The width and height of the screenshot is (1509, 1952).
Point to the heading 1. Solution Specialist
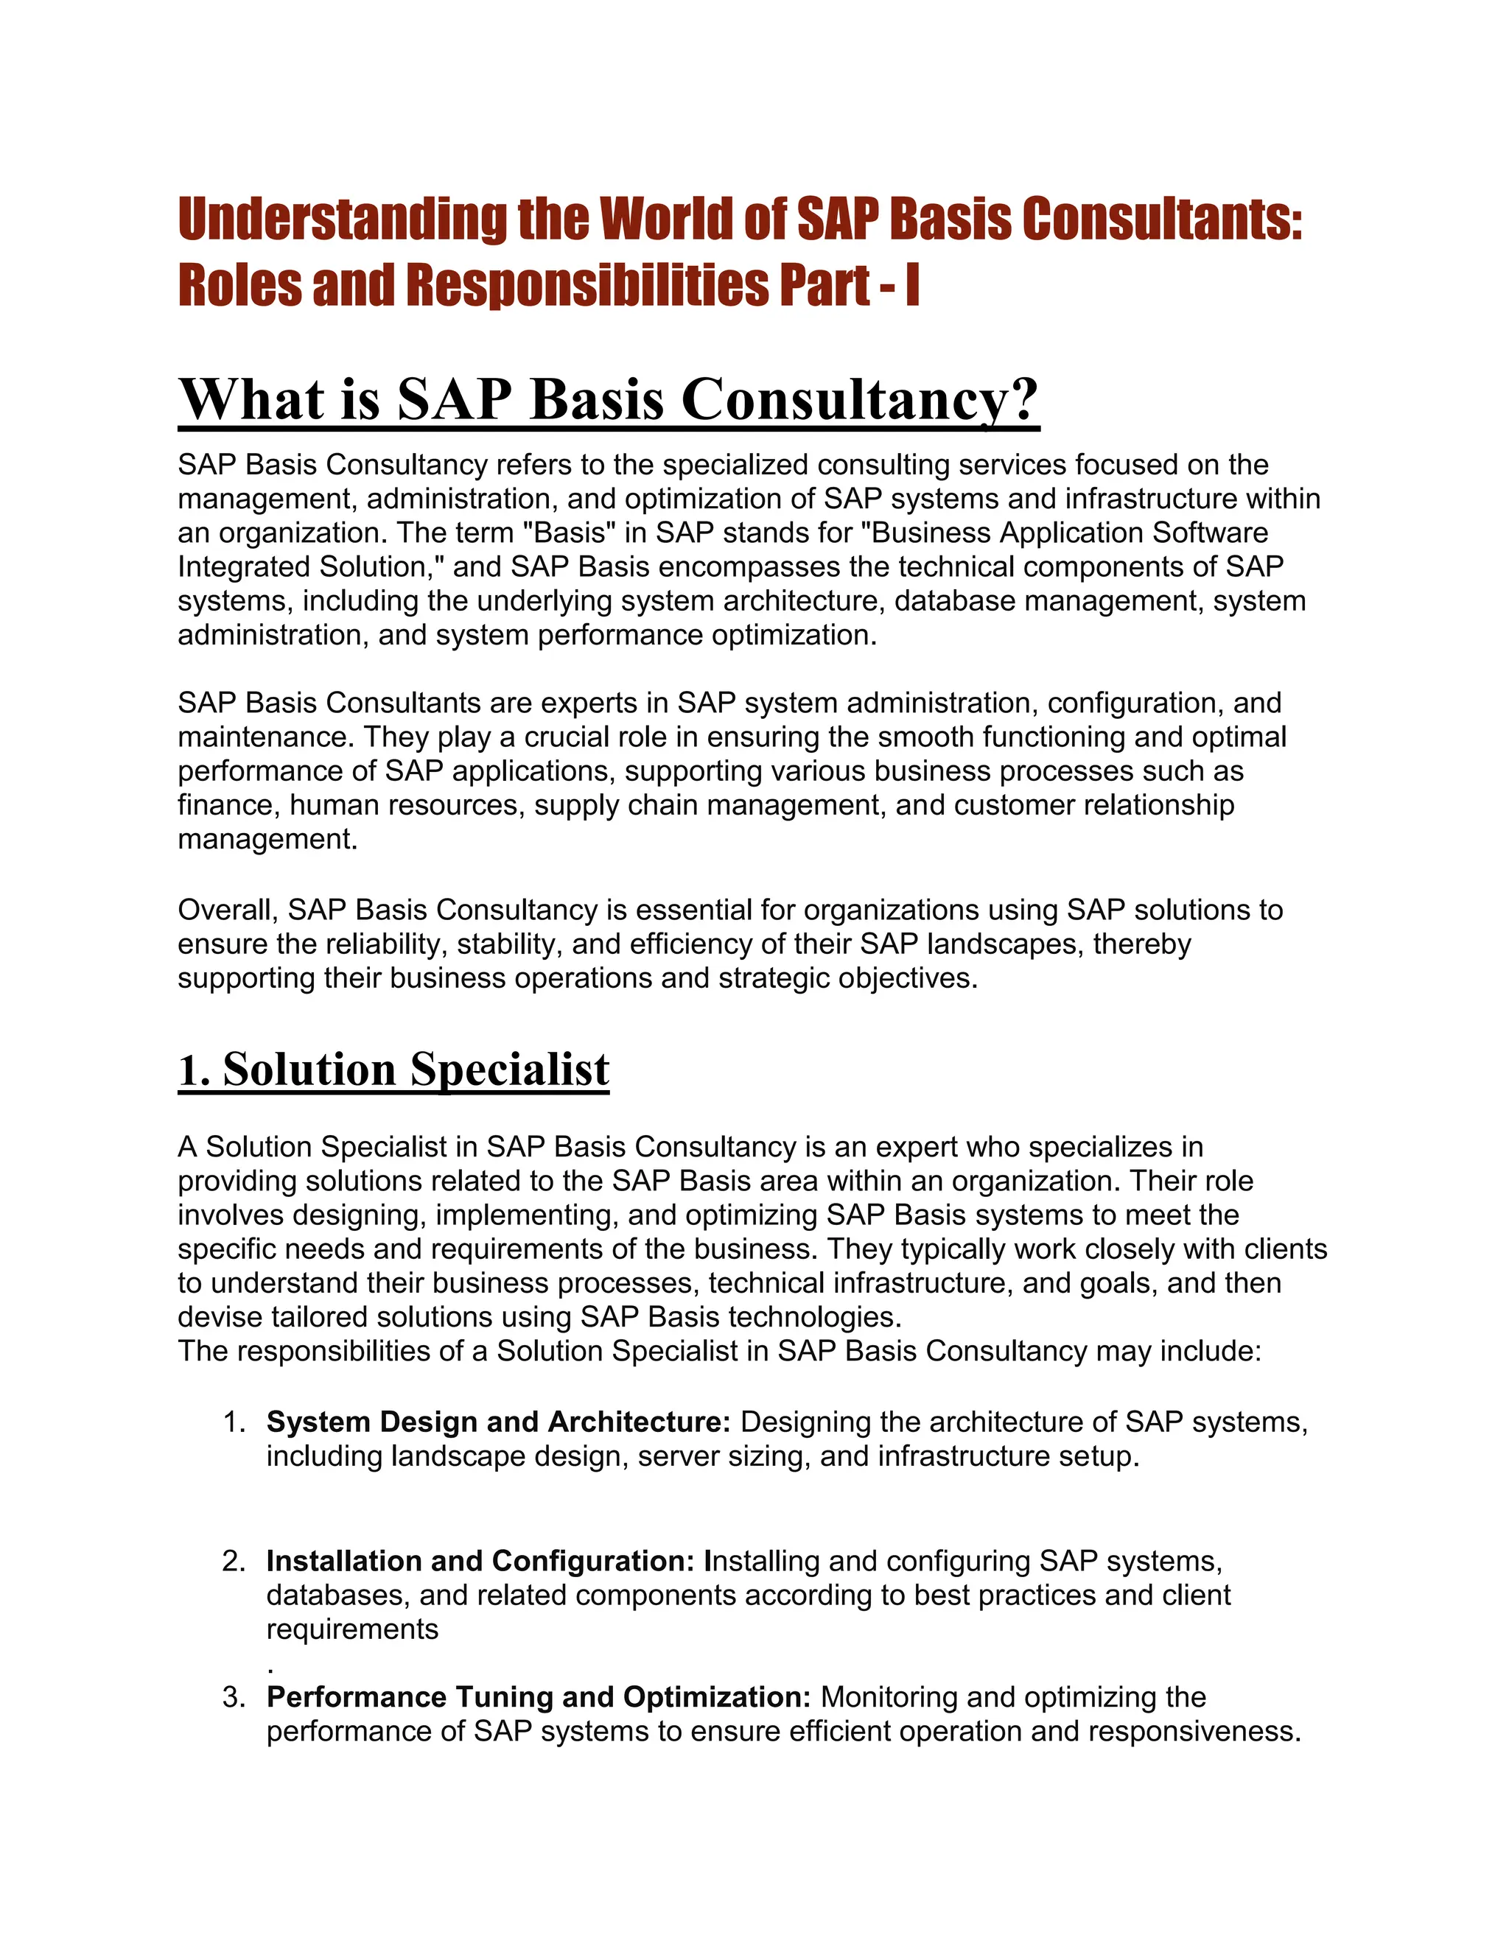tap(393, 1070)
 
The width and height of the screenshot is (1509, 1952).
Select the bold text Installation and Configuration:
tap(480, 1562)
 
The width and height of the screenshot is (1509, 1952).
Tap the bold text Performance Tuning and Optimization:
tap(538, 1697)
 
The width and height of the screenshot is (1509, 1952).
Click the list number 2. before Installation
tap(234, 1562)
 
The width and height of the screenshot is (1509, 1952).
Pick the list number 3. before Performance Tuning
tap(234, 1697)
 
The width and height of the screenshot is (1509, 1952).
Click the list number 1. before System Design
tap(234, 1422)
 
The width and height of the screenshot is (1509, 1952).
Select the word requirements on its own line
tap(352, 1629)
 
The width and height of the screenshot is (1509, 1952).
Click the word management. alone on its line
tap(267, 839)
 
